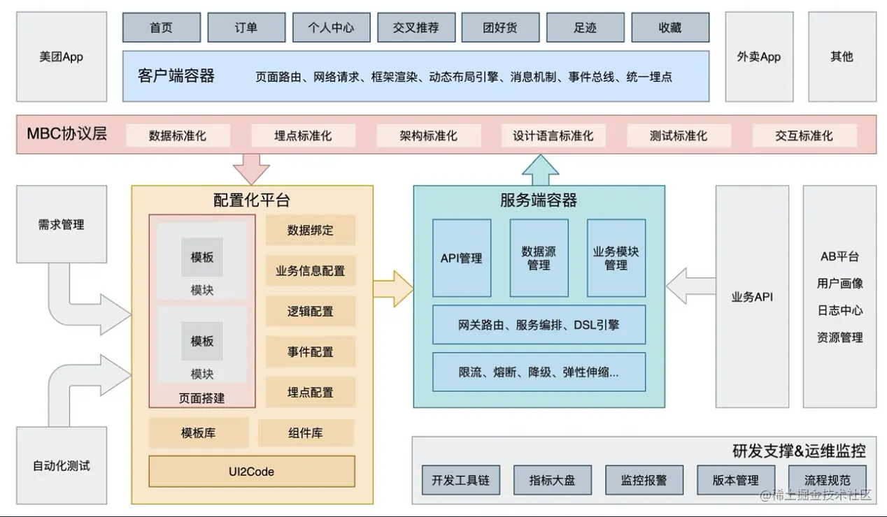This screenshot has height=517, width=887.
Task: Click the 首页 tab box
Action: [x=161, y=28]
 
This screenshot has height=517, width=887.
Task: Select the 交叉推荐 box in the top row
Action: [x=416, y=28]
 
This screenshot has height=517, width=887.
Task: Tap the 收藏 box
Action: [x=669, y=28]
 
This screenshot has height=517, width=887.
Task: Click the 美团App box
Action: [x=62, y=57]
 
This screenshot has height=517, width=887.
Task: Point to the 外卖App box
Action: [x=758, y=57]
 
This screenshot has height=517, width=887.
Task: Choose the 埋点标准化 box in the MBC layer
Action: [x=303, y=136]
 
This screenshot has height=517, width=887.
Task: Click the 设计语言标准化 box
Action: [x=553, y=136]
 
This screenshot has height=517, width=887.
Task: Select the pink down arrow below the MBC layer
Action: [x=251, y=168]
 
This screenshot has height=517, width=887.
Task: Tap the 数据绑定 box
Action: [x=310, y=230]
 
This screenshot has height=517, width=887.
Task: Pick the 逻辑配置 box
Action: [x=310, y=311]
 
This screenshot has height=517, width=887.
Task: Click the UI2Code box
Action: [x=252, y=472]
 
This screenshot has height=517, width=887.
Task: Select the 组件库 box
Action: [x=306, y=433]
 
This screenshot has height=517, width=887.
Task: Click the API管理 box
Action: [x=461, y=258]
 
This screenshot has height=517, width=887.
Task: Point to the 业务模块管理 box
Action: [x=616, y=258]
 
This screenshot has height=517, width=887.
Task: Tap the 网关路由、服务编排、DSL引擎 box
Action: [x=539, y=324]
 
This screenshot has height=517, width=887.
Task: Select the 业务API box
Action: [x=752, y=297]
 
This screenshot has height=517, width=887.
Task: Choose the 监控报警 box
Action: [x=644, y=480]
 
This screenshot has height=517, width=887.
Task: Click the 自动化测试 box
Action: [x=62, y=465]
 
